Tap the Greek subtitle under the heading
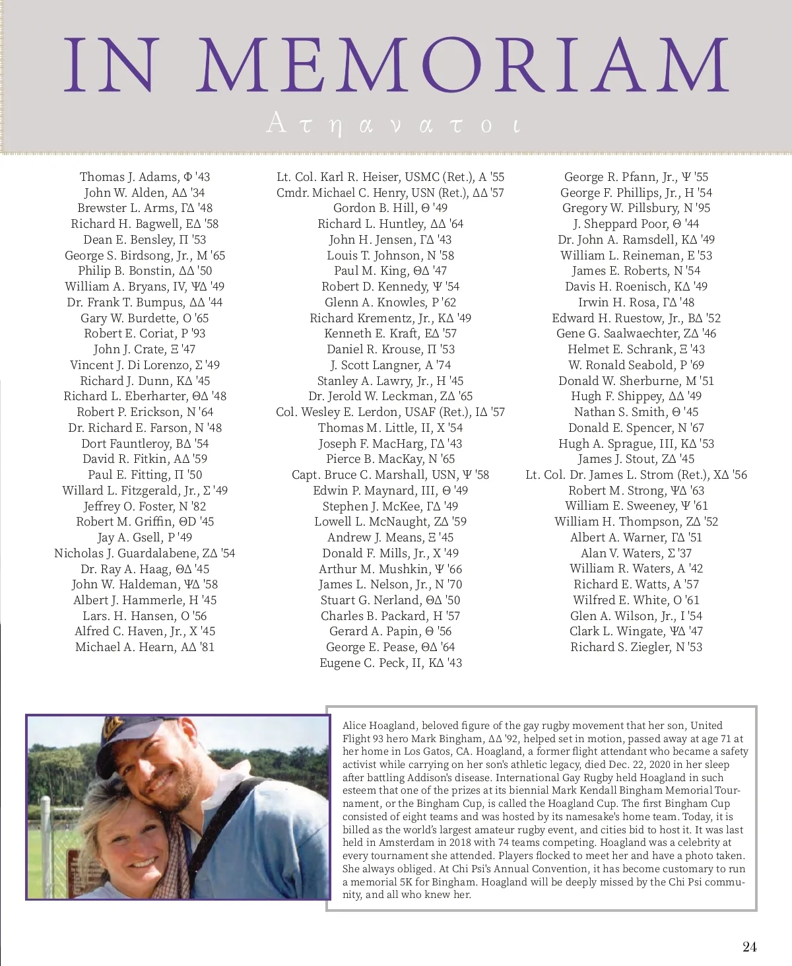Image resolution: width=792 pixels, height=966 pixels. coord(393,123)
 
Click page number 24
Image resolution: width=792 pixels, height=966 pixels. coord(749,947)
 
